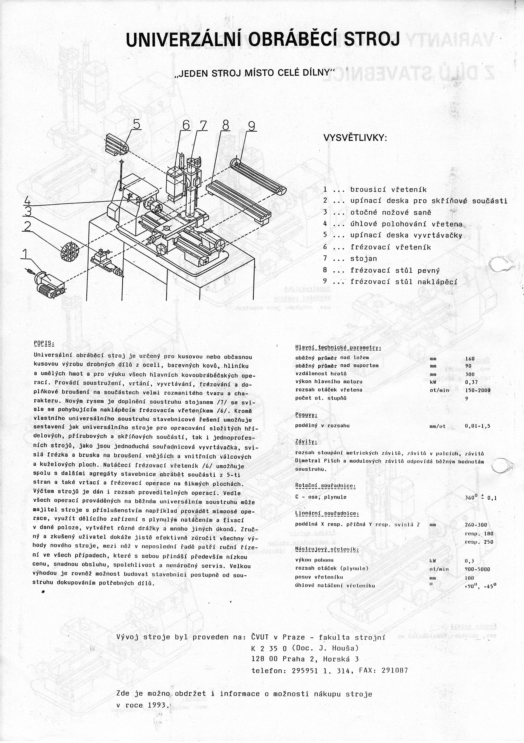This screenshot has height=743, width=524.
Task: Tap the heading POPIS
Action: click(44, 343)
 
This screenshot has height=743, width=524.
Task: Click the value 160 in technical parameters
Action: click(470, 358)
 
